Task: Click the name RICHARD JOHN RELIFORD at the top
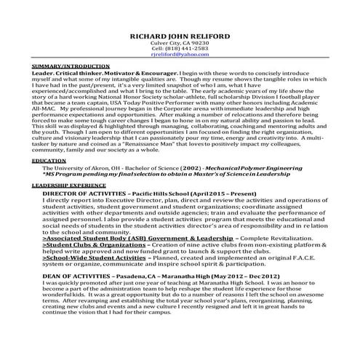[x=179, y=34]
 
